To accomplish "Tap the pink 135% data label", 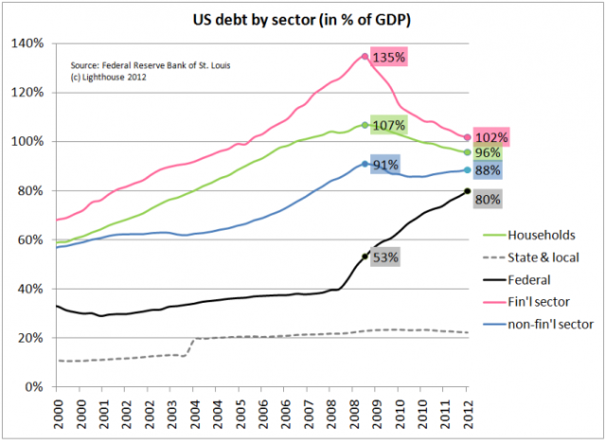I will point(388,58).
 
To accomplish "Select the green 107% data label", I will point(388,125).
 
